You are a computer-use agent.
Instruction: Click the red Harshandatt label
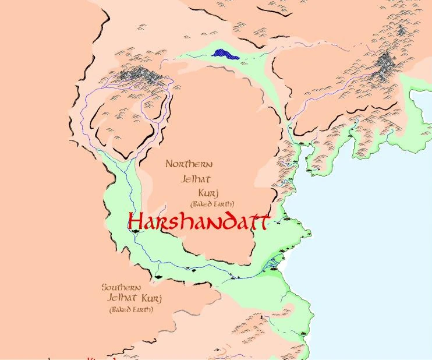pos(199,222)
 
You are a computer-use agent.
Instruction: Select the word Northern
pos(188,164)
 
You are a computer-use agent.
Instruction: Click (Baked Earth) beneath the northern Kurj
pos(212,204)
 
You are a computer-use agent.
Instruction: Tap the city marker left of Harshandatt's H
pos(135,231)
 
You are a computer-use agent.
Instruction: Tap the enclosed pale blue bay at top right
pos(420,99)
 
